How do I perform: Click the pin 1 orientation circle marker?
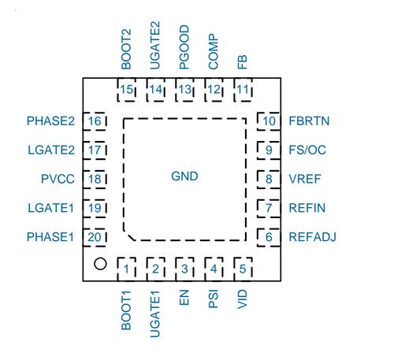(100, 264)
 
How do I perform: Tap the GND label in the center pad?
(184, 176)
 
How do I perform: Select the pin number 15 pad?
(127, 90)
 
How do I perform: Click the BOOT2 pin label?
(126, 49)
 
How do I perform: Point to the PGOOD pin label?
(184, 47)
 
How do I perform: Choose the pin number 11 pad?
(243, 90)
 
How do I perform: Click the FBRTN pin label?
(309, 121)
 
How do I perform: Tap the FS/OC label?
(307, 150)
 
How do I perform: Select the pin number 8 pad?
(269, 179)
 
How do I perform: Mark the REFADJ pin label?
(312, 237)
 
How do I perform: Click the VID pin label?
(243, 299)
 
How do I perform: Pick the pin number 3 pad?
(185, 269)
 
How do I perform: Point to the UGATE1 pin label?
(155, 314)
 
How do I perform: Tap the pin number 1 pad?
(127, 269)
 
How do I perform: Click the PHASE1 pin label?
(50, 237)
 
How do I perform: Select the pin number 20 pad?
(95, 237)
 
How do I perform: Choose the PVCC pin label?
(58, 179)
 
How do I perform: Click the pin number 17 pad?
(95, 150)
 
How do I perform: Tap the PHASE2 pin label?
(50, 121)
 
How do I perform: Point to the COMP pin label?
(214, 51)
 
